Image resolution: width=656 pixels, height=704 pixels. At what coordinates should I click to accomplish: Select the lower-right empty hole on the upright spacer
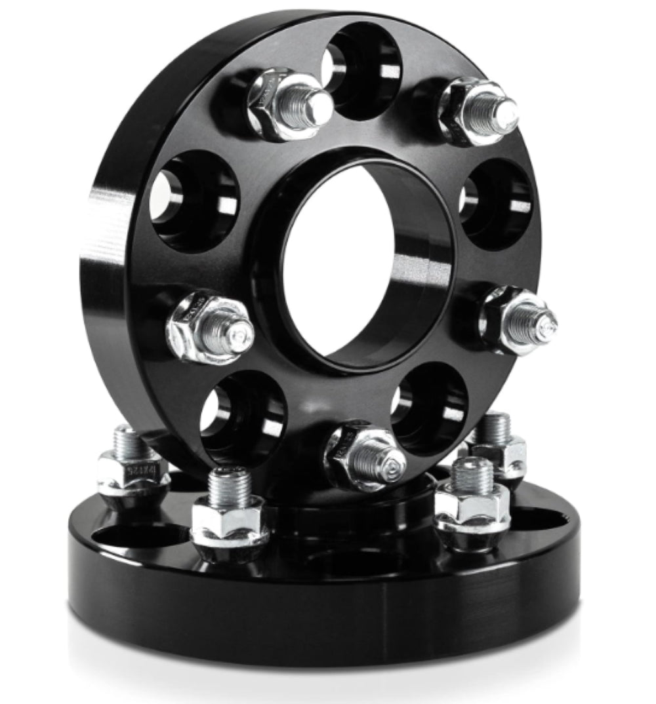click(430, 406)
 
